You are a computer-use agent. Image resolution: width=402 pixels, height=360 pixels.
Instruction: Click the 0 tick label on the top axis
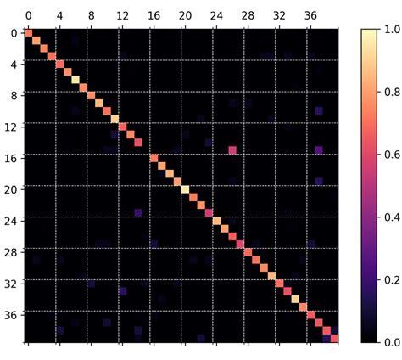[29, 15]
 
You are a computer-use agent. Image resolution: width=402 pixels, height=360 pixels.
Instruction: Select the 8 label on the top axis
[91, 15]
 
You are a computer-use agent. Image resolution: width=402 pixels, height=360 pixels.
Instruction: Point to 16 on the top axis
[154, 15]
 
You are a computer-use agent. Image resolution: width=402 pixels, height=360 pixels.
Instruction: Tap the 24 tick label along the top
[216, 15]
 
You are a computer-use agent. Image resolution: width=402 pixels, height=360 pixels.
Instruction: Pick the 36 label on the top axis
[310, 15]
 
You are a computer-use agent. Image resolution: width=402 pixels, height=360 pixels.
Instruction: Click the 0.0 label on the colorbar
[391, 342]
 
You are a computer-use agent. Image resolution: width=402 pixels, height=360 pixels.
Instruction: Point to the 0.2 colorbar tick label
[391, 279]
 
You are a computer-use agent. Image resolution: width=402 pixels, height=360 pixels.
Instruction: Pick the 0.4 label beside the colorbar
[391, 217]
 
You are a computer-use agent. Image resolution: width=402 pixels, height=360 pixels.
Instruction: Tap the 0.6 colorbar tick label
[391, 155]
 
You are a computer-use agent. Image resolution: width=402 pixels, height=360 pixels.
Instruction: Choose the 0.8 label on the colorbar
[391, 92]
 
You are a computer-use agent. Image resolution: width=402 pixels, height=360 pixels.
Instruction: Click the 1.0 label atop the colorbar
[391, 30]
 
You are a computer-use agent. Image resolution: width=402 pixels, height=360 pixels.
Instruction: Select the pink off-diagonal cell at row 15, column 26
[232, 150]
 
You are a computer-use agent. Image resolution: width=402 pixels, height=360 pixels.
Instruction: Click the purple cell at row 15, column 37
[318, 150]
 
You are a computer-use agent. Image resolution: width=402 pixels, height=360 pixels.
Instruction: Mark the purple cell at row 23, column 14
[138, 212]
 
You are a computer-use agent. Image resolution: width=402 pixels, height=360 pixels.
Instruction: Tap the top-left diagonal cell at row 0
[29, 33]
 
